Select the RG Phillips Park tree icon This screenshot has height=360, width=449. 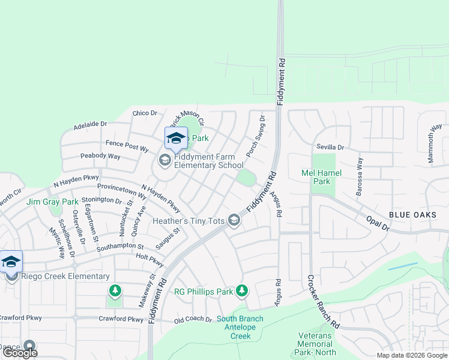tap(241, 291)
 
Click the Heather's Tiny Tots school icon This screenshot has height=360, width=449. tap(234, 221)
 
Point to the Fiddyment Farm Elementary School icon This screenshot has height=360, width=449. tap(164, 160)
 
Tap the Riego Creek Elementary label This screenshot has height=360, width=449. tap(64, 277)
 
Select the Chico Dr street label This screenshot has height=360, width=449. tap(145, 113)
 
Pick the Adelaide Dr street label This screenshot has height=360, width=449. tap(90, 125)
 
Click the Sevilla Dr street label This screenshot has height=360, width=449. tap(331, 147)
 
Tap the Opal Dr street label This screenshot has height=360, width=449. tap(378, 224)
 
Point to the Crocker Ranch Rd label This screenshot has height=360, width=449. tap(323, 301)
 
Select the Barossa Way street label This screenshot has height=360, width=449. tap(360, 173)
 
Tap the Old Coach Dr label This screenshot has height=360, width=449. tap(193, 320)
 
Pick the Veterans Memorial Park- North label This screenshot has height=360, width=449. tap(315, 348)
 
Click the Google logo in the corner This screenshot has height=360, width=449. tap(20, 353)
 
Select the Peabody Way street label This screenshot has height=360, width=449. tap(101, 157)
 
